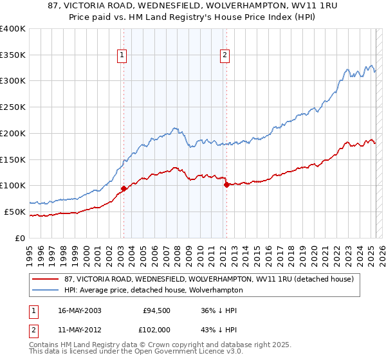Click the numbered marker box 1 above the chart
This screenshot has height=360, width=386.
pyautogui.click(x=122, y=56)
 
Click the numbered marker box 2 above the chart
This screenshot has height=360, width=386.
pyautogui.click(x=225, y=56)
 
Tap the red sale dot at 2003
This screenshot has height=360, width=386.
pyautogui.click(x=123, y=188)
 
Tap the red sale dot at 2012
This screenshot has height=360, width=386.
pyautogui.click(x=226, y=184)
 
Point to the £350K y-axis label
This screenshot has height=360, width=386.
pyautogui.click(x=12, y=55)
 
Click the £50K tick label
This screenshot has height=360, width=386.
pyautogui.click(x=15, y=212)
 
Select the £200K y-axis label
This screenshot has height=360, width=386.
pyautogui.click(x=12, y=133)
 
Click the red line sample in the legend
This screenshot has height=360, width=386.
pyautogui.click(x=45, y=279)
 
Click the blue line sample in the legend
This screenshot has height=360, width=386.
pyautogui.click(x=45, y=290)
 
